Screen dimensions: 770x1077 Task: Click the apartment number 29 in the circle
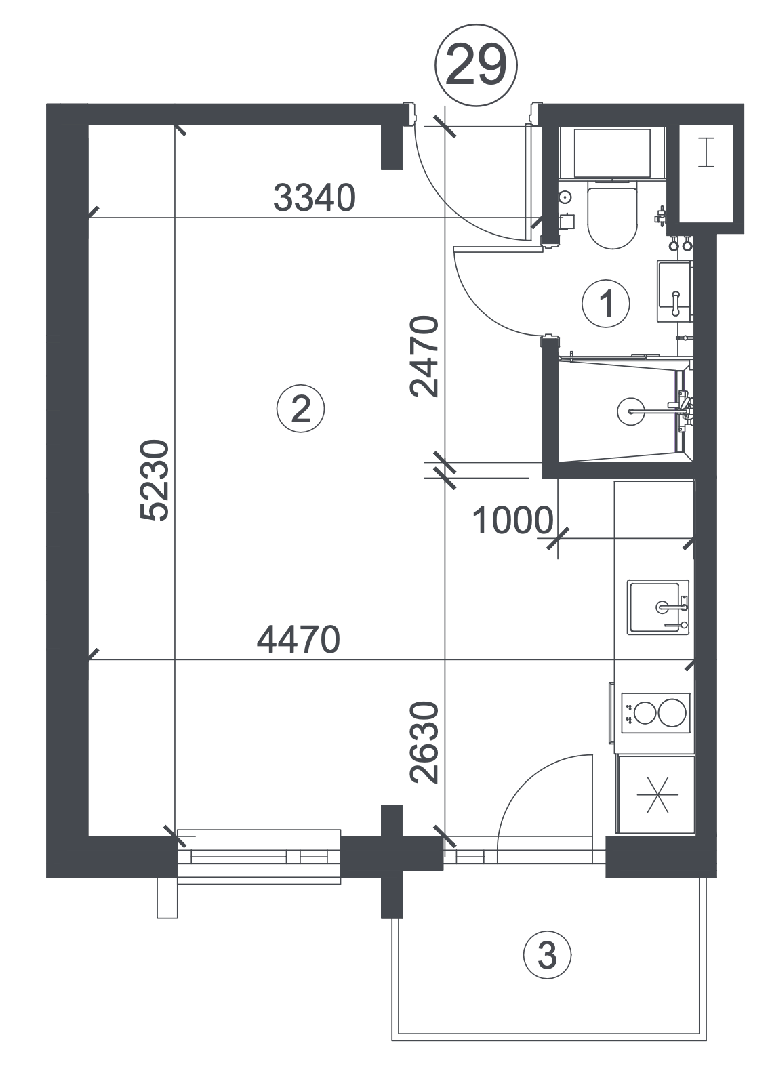476,65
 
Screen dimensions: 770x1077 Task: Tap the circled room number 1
605,304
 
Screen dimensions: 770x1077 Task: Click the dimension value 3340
314,198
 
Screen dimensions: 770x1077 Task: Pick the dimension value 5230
155,480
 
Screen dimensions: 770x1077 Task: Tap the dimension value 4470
298,639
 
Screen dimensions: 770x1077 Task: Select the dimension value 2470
424,357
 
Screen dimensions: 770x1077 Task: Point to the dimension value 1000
512,521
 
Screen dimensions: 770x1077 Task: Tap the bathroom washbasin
675,291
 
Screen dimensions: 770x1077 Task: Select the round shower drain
630,411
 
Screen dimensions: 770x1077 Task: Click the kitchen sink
657,607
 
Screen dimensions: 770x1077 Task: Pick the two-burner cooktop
655,713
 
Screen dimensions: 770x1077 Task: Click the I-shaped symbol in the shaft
706,153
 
